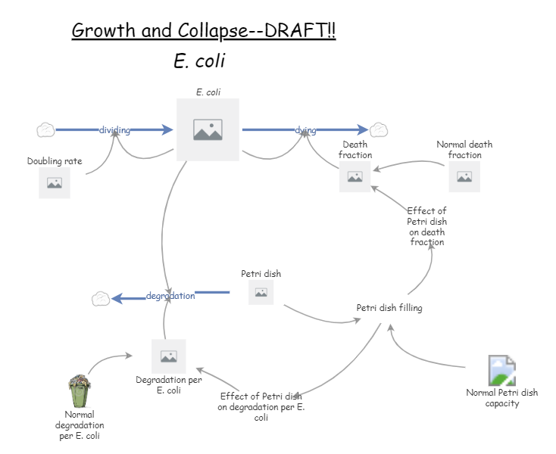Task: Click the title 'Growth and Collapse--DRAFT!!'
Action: [204, 30]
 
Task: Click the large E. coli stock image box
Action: [208, 129]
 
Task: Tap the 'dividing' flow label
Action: [114, 130]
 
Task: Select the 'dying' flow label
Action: [305, 130]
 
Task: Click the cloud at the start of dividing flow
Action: [45, 130]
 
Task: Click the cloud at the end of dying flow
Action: [379, 130]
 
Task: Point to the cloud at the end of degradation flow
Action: [100, 299]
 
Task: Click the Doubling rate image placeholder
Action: [55, 183]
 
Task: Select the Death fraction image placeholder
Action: [355, 177]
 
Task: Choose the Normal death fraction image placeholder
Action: [464, 177]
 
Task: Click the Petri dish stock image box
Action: [261, 292]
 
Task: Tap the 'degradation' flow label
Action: [170, 296]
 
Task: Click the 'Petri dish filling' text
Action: [389, 308]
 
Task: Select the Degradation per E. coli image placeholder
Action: [168, 356]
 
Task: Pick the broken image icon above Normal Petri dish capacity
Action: [502, 370]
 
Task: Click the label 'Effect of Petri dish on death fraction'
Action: [426, 226]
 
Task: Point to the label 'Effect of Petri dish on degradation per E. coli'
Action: [261, 406]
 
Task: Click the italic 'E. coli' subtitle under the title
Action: [199, 61]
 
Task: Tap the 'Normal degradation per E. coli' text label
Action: [80, 425]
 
